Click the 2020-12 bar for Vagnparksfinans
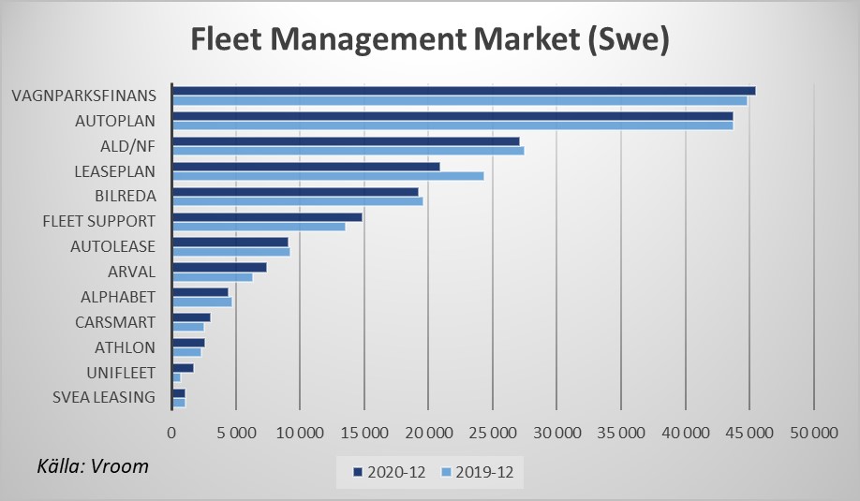(464, 91)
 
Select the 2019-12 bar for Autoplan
(452, 125)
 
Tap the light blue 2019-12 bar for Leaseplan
(328, 175)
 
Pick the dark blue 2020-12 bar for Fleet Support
(267, 216)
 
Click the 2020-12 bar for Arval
(219, 267)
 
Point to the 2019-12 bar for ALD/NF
(348, 150)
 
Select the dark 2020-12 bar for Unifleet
(183, 368)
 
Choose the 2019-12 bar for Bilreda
(297, 200)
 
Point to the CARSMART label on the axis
(114, 322)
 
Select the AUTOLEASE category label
(112, 246)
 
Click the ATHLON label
(125, 347)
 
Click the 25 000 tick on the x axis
(493, 434)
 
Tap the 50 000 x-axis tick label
(813, 434)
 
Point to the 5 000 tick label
(236, 434)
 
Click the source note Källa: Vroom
(93, 465)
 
